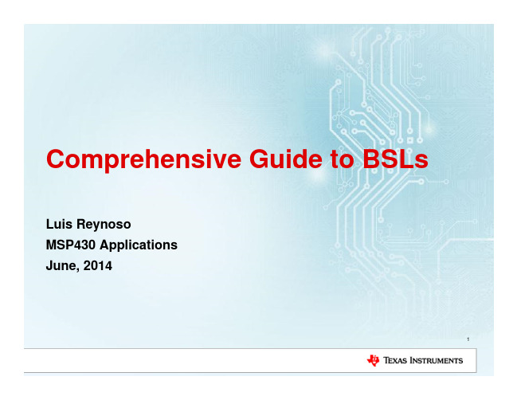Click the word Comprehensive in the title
tap(143, 160)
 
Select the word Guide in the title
tap(286, 159)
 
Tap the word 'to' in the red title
tap(343, 159)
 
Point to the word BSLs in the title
tap(395, 159)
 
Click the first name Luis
tap(59, 224)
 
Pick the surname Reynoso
tap(104, 225)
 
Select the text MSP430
tap(71, 245)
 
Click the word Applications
tap(139, 245)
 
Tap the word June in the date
tap(63, 266)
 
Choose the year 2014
tap(98, 266)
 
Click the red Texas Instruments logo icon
tap(374, 360)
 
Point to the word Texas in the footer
tap(395, 360)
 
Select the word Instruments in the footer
tap(437, 360)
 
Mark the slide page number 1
tap(468, 339)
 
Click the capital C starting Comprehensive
tap(56, 159)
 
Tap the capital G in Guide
tap(259, 159)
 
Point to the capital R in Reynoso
tap(81, 224)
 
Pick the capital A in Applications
tap(105, 245)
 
